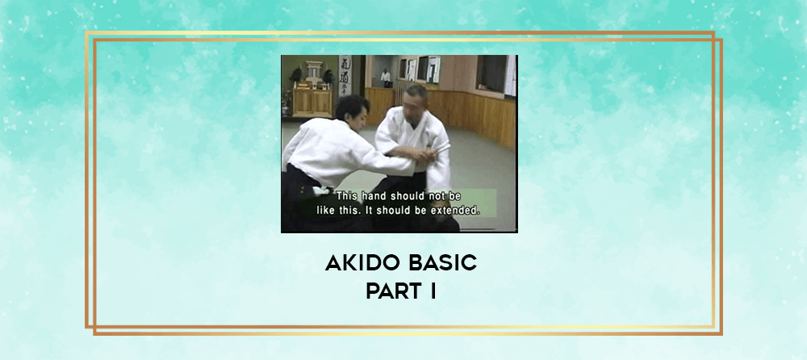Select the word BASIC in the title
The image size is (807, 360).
tap(442, 263)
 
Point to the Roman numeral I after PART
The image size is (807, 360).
tap(433, 291)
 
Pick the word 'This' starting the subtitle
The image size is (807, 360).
tap(345, 196)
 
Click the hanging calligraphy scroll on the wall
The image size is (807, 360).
tap(345, 75)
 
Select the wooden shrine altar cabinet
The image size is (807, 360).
tap(312, 102)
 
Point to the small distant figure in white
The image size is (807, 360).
tap(386, 77)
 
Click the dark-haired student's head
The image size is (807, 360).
tap(353, 112)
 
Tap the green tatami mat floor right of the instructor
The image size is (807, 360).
tap(481, 170)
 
